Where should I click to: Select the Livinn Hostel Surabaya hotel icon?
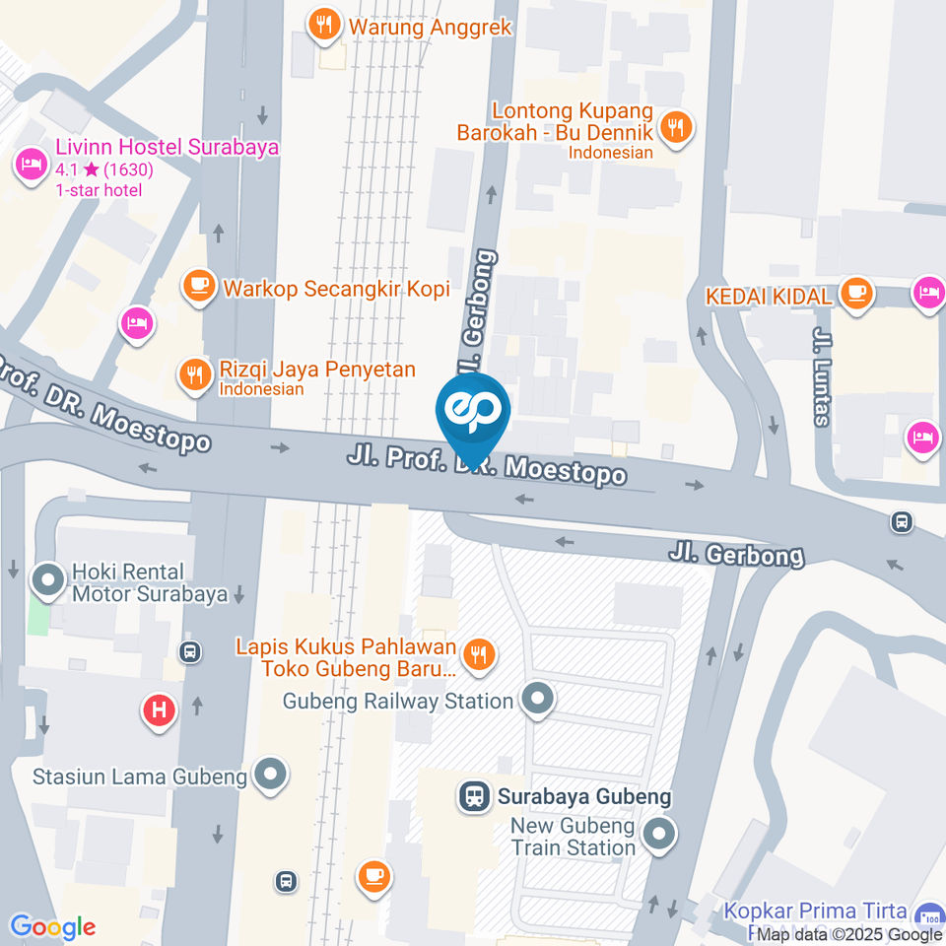click(x=31, y=164)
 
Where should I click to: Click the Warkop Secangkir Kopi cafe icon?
click(x=200, y=288)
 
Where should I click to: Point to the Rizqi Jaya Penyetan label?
click(x=316, y=370)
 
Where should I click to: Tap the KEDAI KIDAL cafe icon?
click(x=856, y=294)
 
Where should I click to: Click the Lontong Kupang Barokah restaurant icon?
click(x=676, y=128)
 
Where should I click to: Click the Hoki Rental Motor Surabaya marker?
click(x=47, y=582)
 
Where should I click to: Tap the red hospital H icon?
click(x=159, y=709)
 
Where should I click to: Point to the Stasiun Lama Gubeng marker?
click(x=270, y=775)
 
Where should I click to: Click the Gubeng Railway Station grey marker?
click(x=537, y=701)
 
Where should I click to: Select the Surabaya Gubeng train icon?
click(x=474, y=796)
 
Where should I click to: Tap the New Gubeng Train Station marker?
click(x=658, y=836)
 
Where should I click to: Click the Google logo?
click(x=52, y=926)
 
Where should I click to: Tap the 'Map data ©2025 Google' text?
click(x=849, y=935)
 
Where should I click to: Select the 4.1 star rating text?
click(x=104, y=169)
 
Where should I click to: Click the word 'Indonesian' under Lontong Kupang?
click(x=610, y=153)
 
